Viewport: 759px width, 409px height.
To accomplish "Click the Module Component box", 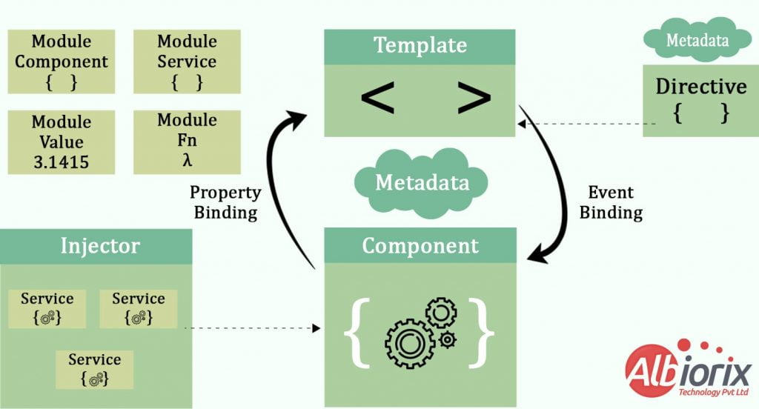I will click(62, 61).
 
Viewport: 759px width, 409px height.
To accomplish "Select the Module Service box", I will click(187, 61).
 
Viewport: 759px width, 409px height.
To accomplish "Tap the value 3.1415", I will click(62, 162).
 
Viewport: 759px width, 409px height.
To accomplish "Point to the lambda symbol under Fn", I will click(187, 161).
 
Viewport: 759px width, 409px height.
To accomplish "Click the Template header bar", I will click(420, 46).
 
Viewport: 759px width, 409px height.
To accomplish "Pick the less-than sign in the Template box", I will click(377, 99).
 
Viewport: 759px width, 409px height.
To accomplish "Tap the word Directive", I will click(701, 87).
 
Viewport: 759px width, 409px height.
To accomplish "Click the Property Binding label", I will click(225, 202).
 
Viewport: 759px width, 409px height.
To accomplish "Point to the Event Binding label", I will click(611, 202).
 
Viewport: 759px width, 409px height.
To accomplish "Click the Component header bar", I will click(420, 246).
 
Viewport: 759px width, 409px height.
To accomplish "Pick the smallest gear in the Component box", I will click(447, 339).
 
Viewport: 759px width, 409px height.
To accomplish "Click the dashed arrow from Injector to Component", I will click(252, 327).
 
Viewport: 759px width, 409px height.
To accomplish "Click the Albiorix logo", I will click(686, 370).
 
